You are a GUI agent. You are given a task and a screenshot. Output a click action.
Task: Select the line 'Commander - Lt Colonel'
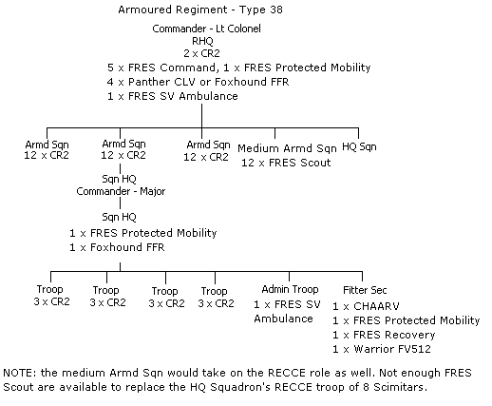[206, 29]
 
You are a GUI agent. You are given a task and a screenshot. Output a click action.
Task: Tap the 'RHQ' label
[202, 42]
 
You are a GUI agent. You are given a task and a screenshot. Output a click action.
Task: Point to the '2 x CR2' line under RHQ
[202, 54]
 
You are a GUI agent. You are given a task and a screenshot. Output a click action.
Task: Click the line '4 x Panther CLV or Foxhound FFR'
[202, 82]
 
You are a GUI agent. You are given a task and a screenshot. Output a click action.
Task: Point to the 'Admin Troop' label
[283, 290]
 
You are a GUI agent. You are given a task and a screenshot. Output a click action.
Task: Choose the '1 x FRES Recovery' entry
[384, 335]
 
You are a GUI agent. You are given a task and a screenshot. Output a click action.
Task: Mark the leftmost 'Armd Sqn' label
[46, 144]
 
